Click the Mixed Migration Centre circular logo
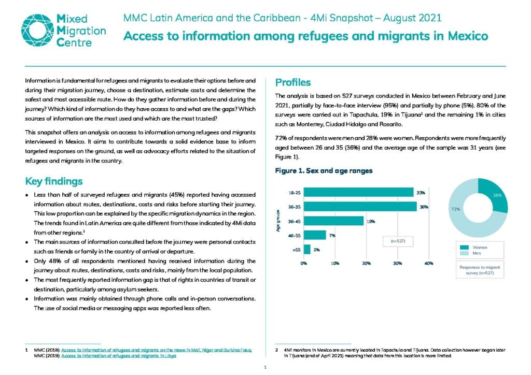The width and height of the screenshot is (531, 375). [37, 30]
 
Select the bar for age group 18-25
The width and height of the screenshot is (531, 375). [359, 192]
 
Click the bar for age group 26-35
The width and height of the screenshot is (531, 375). [360, 207]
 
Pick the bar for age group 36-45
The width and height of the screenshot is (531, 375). [333, 221]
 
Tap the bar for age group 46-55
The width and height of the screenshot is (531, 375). [315, 235]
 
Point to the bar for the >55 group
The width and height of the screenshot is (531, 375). [307, 250]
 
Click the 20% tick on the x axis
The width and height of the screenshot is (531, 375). [367, 264]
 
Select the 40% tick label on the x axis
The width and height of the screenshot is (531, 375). [429, 264]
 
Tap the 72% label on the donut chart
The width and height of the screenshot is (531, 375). [455, 209]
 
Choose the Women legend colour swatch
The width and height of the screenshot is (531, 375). [464, 248]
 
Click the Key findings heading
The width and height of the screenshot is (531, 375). [54, 181]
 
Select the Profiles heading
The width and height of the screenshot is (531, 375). [293, 82]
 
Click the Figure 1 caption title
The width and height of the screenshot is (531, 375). [324, 171]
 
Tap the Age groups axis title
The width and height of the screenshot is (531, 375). [278, 221]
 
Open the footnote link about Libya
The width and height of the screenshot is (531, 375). [119, 356]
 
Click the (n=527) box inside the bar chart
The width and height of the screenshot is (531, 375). [398, 241]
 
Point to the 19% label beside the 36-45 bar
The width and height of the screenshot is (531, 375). [371, 222]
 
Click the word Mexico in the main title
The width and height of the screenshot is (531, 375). [468, 36]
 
